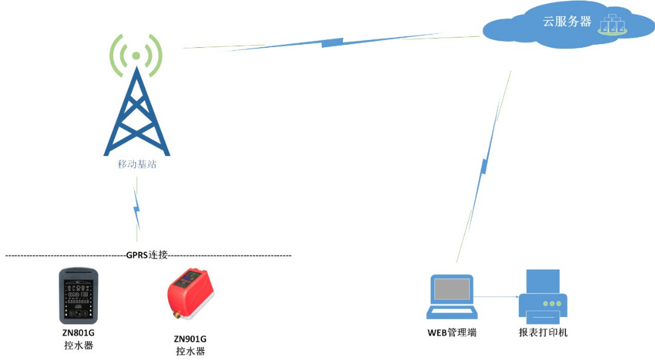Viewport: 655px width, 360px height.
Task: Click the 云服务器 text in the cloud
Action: coord(567,22)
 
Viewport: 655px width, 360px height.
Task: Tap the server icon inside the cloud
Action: coord(613,24)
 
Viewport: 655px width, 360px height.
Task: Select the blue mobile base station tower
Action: coord(137,111)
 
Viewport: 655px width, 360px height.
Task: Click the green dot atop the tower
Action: coord(135,56)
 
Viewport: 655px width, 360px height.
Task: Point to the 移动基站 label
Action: coord(137,165)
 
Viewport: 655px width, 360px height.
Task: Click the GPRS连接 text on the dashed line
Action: coord(147,255)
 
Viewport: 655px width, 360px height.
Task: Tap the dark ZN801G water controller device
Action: coord(79,296)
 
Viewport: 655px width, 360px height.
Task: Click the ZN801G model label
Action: coord(79,333)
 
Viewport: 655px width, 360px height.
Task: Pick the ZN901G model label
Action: coord(190,339)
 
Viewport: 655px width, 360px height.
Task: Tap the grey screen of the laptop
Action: coord(452,289)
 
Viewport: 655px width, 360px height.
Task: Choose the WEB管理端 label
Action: coord(452,333)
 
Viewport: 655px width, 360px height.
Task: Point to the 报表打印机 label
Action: coord(543,333)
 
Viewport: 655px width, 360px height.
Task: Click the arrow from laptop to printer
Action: coord(497,297)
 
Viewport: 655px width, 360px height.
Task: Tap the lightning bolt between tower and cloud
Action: coord(332,42)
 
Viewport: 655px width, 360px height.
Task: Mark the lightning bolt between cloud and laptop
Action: coord(484,166)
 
